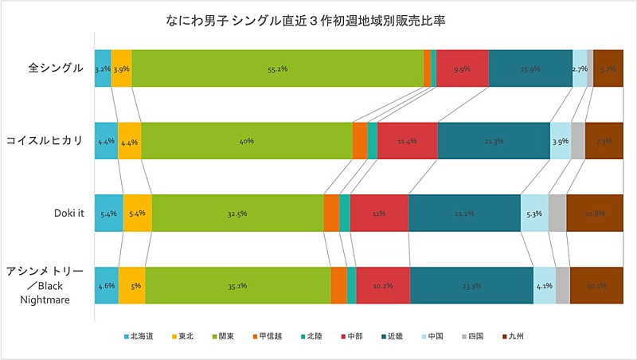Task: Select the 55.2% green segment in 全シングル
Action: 277,69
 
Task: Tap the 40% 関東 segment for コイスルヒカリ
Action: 246,141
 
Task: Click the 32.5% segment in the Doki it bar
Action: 237,213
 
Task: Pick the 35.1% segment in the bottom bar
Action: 237,285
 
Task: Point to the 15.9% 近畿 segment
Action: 530,69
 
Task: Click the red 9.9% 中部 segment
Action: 462,69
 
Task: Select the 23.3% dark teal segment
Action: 471,285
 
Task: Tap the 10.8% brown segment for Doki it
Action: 595,213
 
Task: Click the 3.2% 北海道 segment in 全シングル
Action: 102,69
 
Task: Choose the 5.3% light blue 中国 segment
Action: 534,213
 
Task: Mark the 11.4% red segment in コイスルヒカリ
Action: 407,141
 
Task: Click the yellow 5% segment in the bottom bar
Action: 131,285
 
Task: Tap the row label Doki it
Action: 68,213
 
